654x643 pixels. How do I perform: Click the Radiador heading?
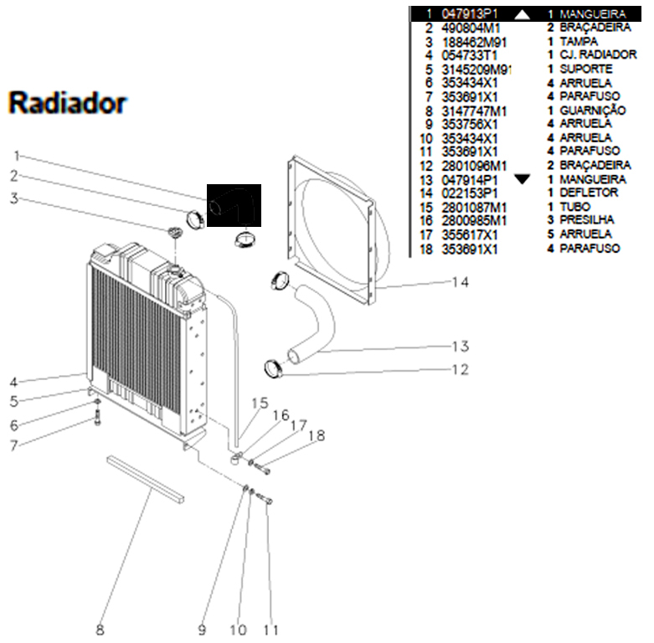68,103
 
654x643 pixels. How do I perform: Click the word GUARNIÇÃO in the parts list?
592,110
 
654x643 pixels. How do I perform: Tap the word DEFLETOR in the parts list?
589,193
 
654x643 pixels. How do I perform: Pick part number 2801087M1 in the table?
474,207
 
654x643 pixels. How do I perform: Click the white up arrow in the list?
523,14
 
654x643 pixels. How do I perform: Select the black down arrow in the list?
523,179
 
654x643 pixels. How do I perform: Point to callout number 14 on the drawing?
460,283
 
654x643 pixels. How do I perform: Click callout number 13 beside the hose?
460,347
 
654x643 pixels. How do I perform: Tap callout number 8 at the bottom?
100,630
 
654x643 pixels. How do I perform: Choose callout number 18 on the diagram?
316,435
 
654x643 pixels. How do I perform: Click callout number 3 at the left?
13,198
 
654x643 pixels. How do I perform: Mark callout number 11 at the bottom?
270,630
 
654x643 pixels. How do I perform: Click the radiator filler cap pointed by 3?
174,232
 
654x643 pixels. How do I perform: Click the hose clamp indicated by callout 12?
274,367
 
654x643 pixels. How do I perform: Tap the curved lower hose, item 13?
313,322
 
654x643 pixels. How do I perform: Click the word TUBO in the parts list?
574,207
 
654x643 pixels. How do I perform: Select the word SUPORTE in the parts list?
585,69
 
